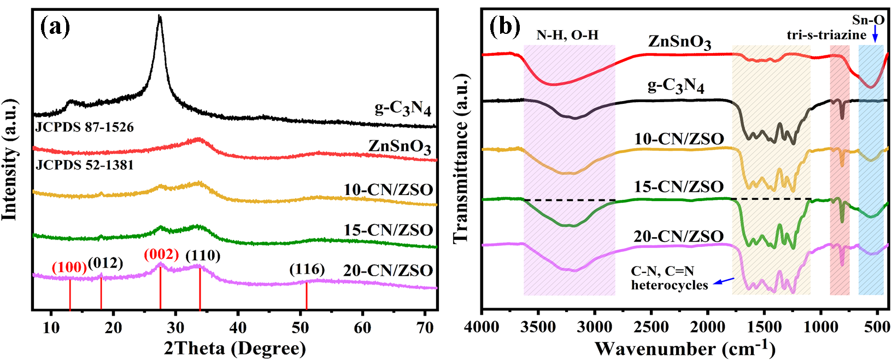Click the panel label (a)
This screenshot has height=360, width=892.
coord(56,26)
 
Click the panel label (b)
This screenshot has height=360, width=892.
coord(504,26)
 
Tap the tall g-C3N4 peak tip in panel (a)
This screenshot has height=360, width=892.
coord(160,17)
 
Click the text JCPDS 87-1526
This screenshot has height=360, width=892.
coord(85,127)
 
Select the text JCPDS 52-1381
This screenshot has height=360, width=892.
coord(85,164)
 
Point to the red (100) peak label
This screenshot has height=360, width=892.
coord(69,268)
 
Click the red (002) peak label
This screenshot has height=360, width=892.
coord(161,255)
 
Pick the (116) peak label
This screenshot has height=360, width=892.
coord(307,269)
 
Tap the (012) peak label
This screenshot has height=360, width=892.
coord(105,263)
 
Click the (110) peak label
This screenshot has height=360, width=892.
coord(203,255)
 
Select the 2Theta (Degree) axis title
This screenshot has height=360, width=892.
coord(235,348)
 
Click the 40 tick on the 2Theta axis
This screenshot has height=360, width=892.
coord(238,327)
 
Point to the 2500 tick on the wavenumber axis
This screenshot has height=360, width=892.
coord(652,327)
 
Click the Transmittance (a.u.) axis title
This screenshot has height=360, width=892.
coord(461,159)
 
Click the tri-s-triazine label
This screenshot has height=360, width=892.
coord(826,35)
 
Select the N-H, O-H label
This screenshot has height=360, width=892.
coord(567,36)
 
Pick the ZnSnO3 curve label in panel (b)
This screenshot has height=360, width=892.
coord(680,42)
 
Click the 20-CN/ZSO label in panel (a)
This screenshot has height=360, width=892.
coord(388,270)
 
